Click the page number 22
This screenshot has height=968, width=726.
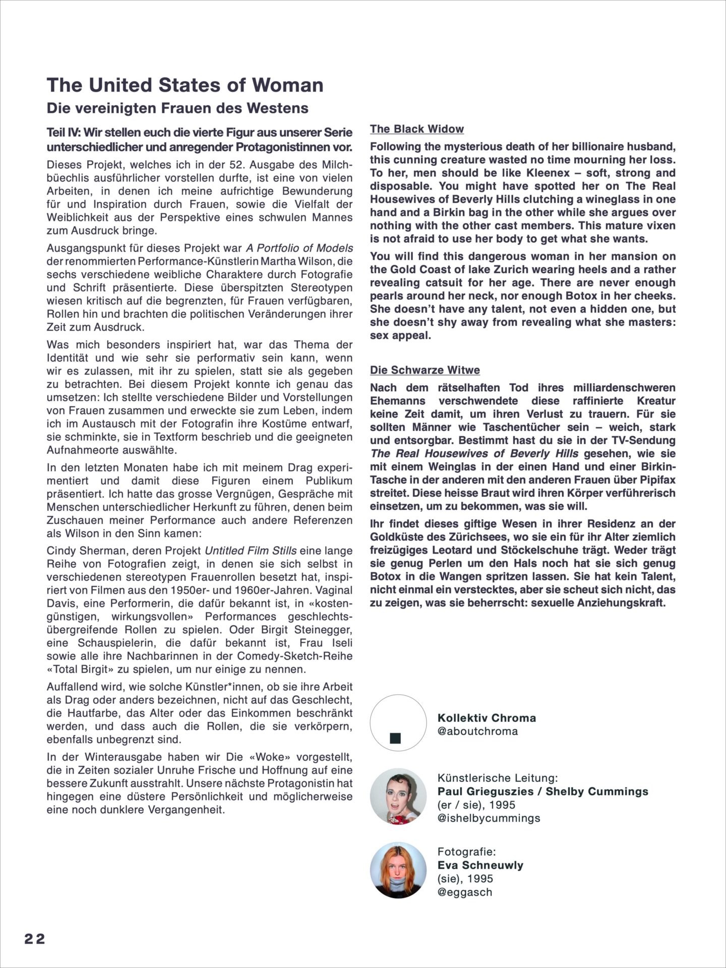point(35,939)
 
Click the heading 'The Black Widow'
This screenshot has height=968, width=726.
point(416,129)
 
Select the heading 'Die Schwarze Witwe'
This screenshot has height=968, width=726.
point(425,370)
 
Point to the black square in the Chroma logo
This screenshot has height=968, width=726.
point(395,739)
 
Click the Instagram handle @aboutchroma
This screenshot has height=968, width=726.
point(477,731)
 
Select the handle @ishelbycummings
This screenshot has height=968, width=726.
point(489,818)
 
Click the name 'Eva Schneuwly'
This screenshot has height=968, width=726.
point(480,865)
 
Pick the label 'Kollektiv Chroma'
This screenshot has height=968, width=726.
point(487,718)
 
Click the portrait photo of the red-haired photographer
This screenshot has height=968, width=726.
point(395,870)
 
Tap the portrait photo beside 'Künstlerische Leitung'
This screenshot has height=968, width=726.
point(395,797)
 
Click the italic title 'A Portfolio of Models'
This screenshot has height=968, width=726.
point(299,248)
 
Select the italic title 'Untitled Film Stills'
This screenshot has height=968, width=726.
point(251,551)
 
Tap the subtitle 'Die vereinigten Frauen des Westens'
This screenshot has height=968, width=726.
point(177,108)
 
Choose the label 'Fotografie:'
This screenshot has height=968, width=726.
point(467,852)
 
